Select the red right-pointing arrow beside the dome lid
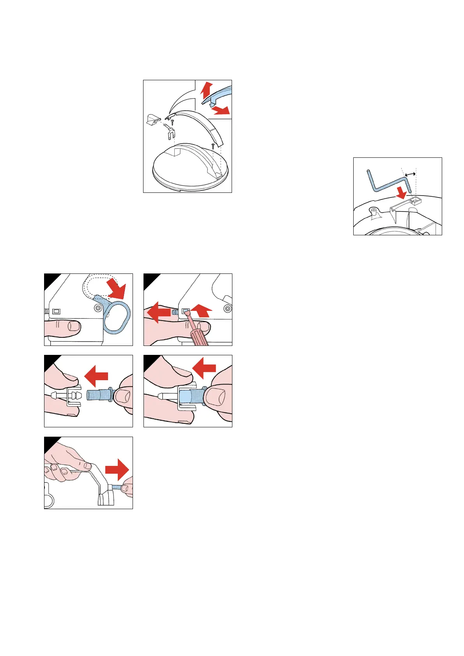pyautogui.click(x=221, y=110)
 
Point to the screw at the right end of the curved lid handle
pyautogui.click(x=213, y=146)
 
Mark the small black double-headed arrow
pyautogui.click(x=409, y=175)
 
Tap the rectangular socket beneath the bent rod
pyautogui.click(x=416, y=201)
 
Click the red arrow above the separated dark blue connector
pyautogui.click(x=97, y=376)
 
